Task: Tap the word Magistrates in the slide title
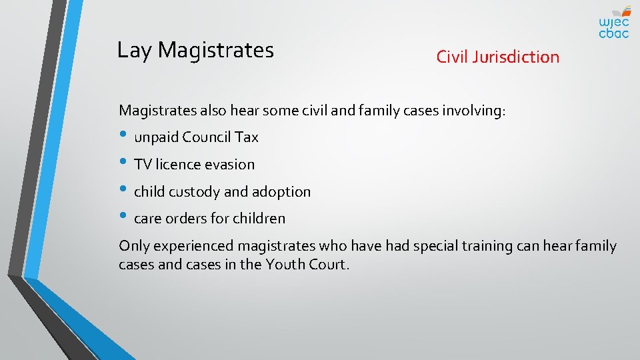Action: tap(216, 51)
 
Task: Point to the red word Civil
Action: tap(453, 57)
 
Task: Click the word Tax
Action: tap(246, 137)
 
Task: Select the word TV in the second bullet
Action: tap(142, 165)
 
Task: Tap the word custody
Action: tap(194, 192)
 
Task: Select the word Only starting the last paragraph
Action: tap(133, 246)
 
